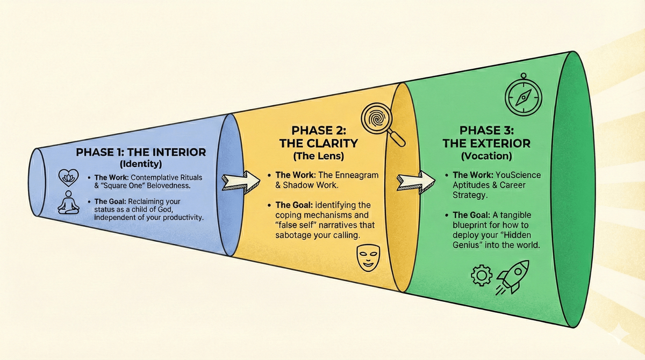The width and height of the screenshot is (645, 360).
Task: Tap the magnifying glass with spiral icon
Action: pyautogui.click(x=382, y=123)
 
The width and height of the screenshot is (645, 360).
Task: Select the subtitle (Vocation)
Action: pyautogui.click(x=486, y=156)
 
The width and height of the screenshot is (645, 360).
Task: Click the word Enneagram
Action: pyautogui.click(x=359, y=175)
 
